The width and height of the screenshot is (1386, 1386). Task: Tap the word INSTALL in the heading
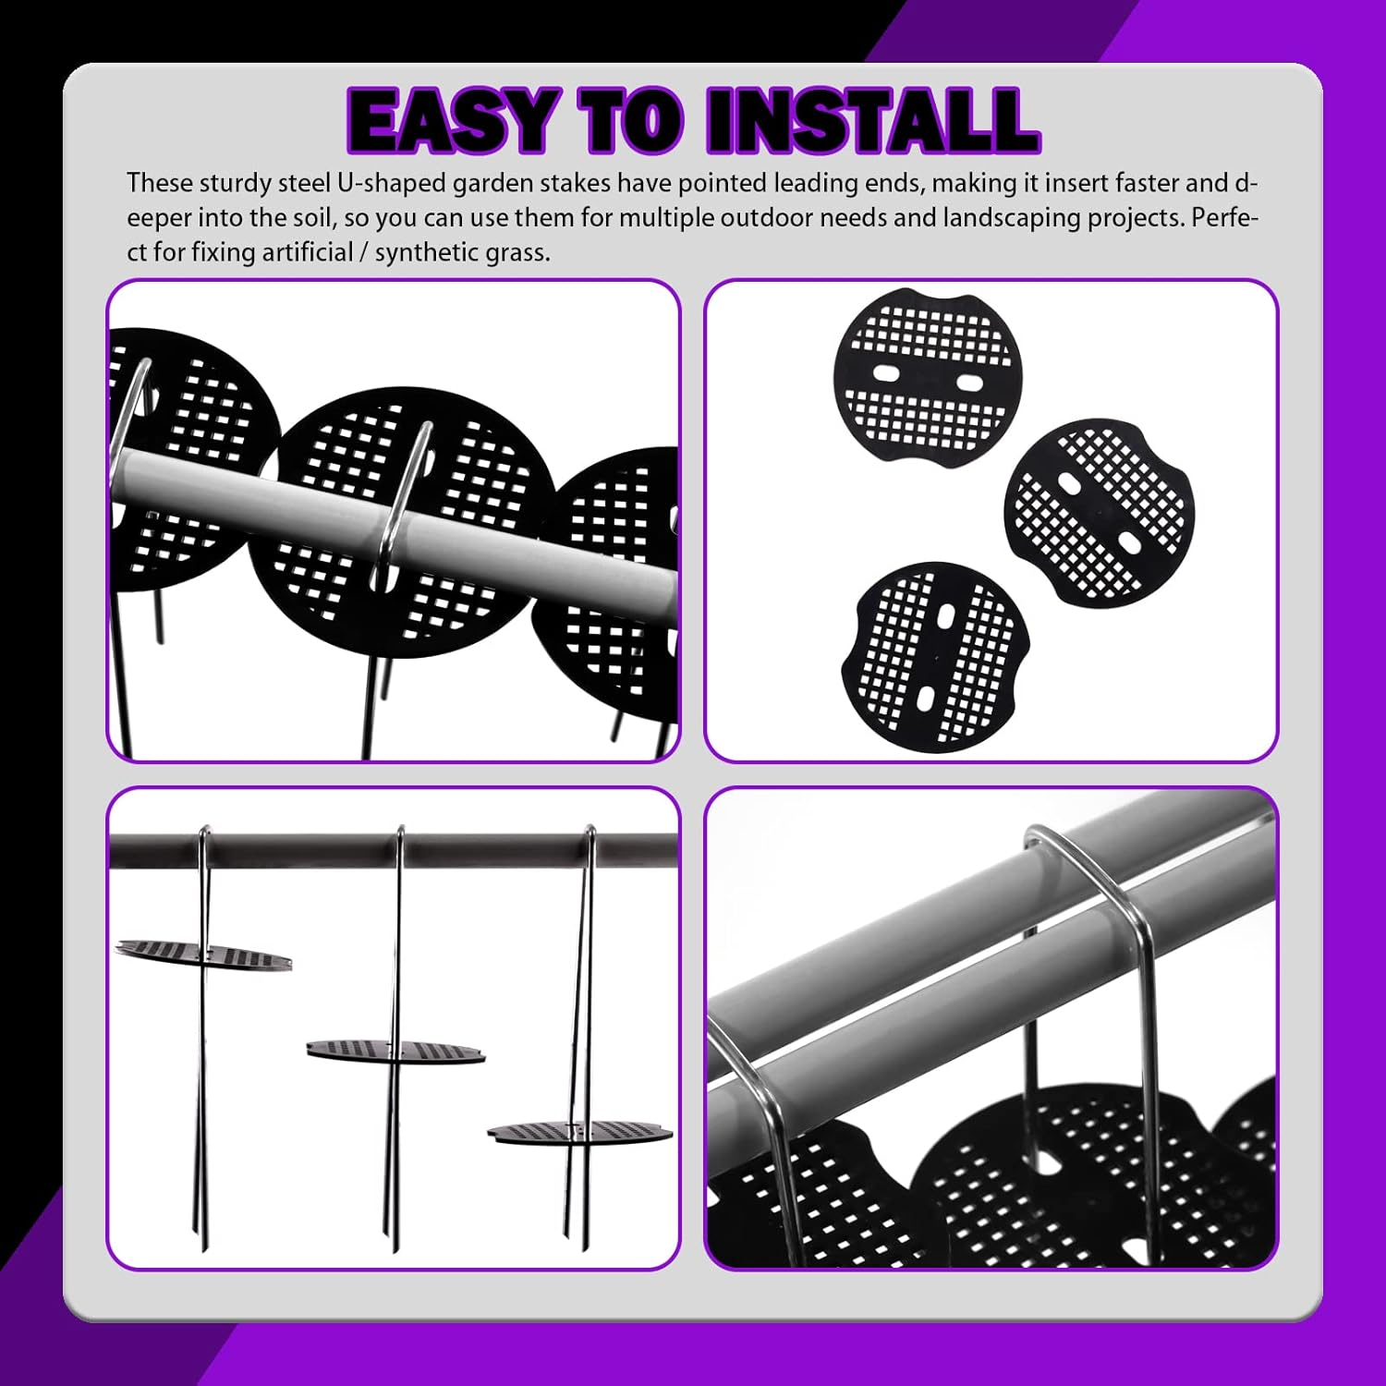[x=872, y=120]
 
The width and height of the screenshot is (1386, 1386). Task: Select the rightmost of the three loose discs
[x=1099, y=513]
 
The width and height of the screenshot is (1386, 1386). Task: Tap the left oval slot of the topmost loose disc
[x=885, y=374]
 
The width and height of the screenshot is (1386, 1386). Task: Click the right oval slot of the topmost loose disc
[x=970, y=383]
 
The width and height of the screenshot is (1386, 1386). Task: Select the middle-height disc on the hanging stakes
[x=396, y=1052]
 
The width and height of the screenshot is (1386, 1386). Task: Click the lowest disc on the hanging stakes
[x=580, y=1133]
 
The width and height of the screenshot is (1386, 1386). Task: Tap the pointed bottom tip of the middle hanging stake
[x=395, y=1247]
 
